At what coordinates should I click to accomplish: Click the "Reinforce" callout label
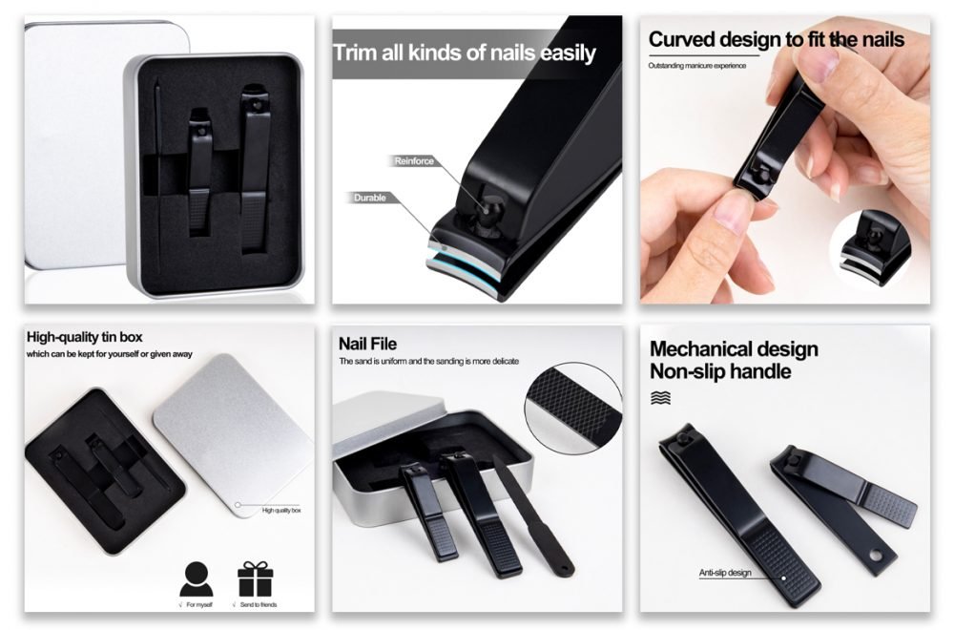414,160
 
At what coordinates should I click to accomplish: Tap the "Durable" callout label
370,198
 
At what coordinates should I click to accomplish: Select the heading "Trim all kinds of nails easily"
465,52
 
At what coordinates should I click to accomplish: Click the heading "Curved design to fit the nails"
777,39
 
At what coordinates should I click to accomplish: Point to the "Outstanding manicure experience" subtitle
696,66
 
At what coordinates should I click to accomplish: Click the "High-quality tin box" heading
85,337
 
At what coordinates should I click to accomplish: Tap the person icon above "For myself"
197,578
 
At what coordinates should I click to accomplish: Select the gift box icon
256,578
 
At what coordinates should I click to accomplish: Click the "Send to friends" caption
259,604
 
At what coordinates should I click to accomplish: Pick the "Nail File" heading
367,344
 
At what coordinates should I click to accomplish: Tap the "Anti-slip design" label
725,573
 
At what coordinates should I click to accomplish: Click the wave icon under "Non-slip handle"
661,398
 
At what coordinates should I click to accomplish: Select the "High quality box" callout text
281,510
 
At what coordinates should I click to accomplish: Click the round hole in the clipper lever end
876,556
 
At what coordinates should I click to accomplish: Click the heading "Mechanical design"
734,349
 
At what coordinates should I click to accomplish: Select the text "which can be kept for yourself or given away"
110,354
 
